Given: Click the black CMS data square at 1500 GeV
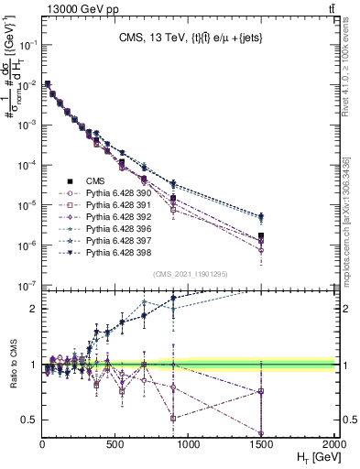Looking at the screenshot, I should tap(261, 218).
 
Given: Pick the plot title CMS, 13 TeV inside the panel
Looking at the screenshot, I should tap(188, 38).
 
